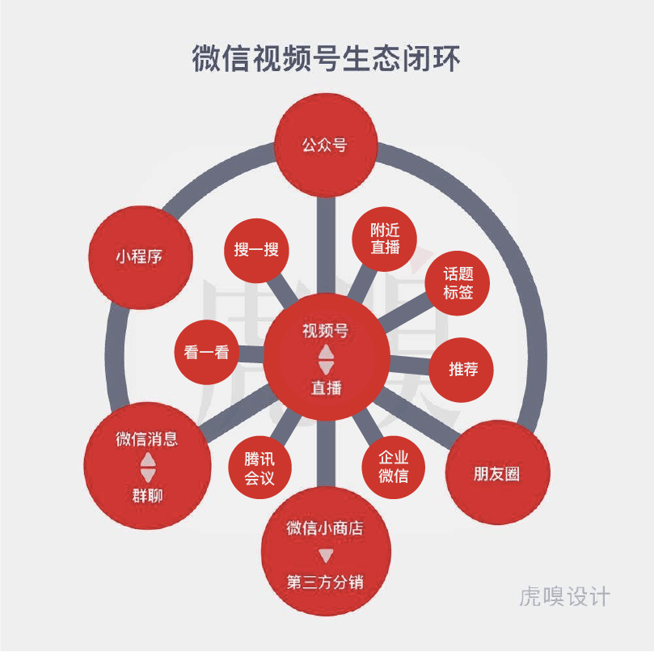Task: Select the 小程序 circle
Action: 139,257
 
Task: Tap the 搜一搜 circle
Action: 256,250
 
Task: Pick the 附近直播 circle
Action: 385,239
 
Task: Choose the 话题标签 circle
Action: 458,284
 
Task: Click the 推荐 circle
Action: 463,370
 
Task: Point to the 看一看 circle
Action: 206,353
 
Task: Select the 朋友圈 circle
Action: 497,474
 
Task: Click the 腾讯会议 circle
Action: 259,469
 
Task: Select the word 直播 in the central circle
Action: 326,388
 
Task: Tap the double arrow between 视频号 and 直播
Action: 326,359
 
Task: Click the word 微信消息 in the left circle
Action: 146,439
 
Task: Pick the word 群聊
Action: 147,495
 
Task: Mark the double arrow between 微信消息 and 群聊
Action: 147,468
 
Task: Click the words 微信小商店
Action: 325,528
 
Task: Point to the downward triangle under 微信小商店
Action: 326,556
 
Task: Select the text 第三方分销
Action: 325,582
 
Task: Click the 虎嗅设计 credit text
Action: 564,598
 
